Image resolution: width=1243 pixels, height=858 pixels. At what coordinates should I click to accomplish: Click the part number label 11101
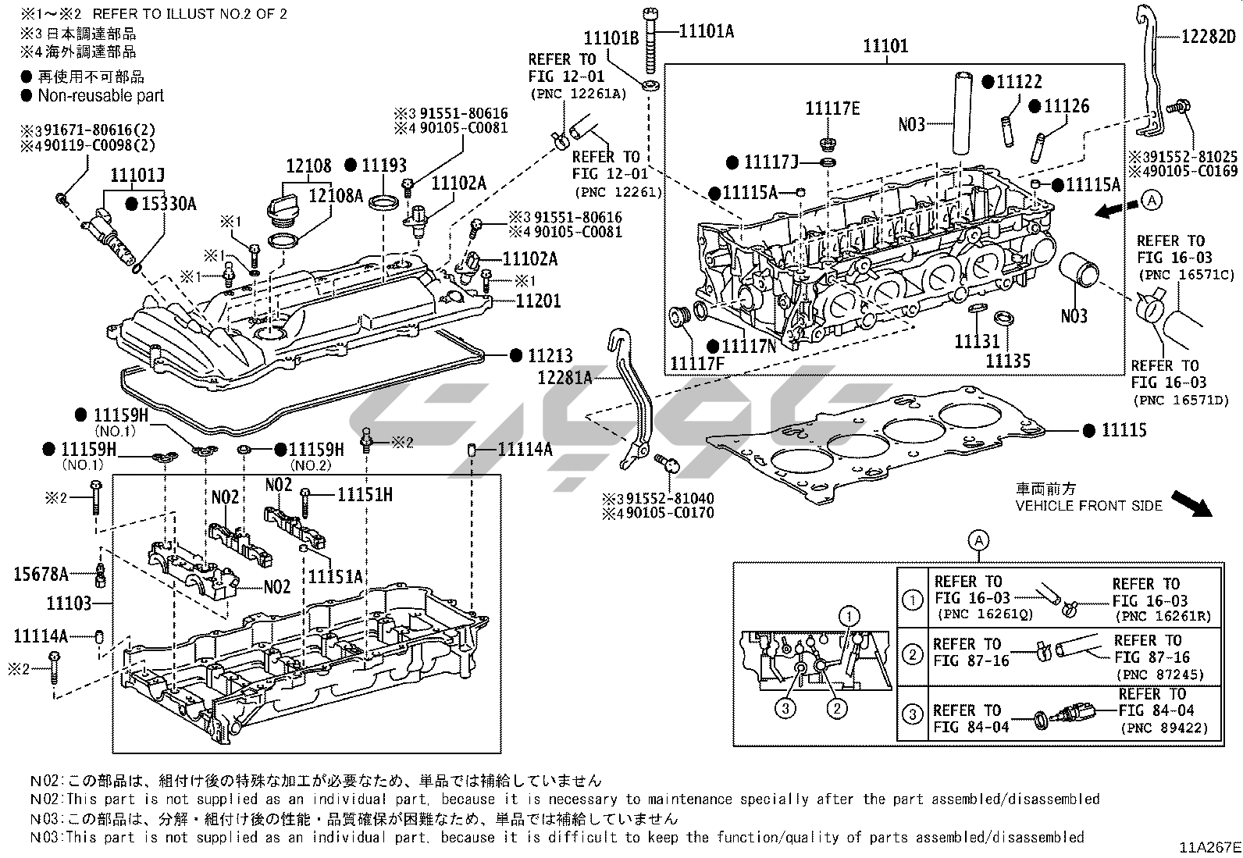coord(885,46)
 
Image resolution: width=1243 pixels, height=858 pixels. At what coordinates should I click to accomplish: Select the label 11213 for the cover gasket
coord(550,356)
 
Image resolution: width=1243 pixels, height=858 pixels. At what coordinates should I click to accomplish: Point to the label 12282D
coord(1209,37)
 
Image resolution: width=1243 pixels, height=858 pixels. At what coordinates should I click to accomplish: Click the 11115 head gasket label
coord(1124,430)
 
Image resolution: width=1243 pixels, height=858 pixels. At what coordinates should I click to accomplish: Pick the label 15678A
coord(41,575)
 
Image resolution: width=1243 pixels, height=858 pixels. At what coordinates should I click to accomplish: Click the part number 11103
coord(69,603)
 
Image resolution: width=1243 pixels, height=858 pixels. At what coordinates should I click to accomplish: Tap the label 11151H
coord(365,494)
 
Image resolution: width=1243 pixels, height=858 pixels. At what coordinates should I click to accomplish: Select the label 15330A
coord(169,205)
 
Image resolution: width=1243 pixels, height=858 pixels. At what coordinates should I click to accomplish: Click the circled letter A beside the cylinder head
coord(1151,201)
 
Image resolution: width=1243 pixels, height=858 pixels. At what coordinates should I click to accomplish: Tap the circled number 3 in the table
coord(912,714)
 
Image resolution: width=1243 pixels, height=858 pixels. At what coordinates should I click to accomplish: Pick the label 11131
coord(976,342)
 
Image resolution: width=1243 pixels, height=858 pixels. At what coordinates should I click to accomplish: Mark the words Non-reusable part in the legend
coord(102,96)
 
